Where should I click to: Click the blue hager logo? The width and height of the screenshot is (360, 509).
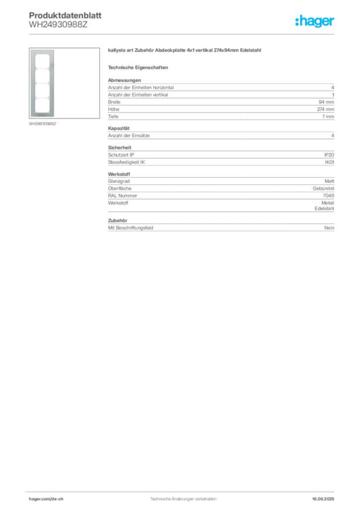point(315,21)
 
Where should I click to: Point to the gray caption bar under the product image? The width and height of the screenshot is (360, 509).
point(44,124)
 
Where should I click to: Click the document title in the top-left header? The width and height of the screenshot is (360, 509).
point(65,15)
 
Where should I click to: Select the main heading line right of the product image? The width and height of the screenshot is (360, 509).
point(184,51)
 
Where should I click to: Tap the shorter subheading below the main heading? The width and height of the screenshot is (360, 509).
point(139,67)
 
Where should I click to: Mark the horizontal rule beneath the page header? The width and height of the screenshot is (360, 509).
point(183,34)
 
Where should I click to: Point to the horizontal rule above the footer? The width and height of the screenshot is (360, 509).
point(183,491)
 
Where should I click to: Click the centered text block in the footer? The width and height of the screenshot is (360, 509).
point(183,497)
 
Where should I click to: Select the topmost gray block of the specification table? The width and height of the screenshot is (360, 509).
point(220,101)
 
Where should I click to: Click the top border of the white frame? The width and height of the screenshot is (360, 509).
point(44,50)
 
